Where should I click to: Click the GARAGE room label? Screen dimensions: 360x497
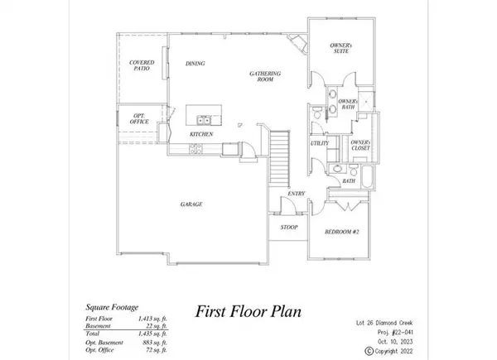193,204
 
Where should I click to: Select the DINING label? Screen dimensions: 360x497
195,63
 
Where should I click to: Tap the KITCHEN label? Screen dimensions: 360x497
201,134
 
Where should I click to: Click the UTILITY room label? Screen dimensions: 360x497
321,143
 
